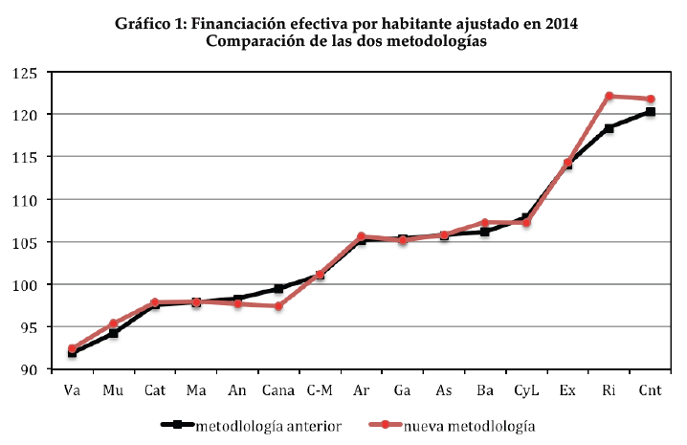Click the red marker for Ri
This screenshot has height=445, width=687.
609,97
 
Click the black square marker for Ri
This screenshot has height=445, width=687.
609,128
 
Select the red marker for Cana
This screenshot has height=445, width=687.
278,306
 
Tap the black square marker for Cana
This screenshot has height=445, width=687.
278,288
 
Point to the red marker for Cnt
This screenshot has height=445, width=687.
650,100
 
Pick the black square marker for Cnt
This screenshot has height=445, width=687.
650,112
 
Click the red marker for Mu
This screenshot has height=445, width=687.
113,323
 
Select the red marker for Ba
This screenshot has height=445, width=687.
485,223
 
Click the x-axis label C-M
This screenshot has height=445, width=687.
320,390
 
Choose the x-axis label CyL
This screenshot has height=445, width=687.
526,390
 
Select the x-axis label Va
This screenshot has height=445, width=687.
72,390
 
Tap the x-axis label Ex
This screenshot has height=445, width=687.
567,390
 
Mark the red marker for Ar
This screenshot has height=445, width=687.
361,236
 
